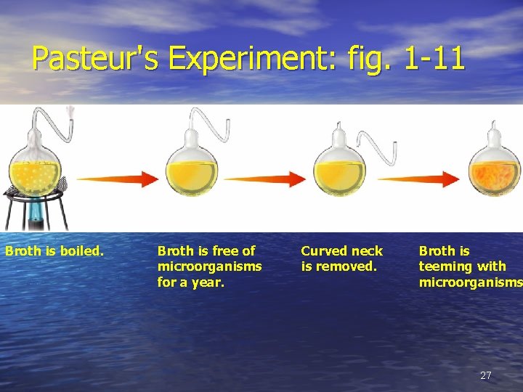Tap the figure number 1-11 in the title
[x=434, y=58]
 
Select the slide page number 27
[x=486, y=375]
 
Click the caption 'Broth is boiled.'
[x=54, y=251]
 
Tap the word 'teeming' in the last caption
[x=445, y=266]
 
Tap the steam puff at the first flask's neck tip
[x=70, y=113]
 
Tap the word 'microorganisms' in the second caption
[x=209, y=266]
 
